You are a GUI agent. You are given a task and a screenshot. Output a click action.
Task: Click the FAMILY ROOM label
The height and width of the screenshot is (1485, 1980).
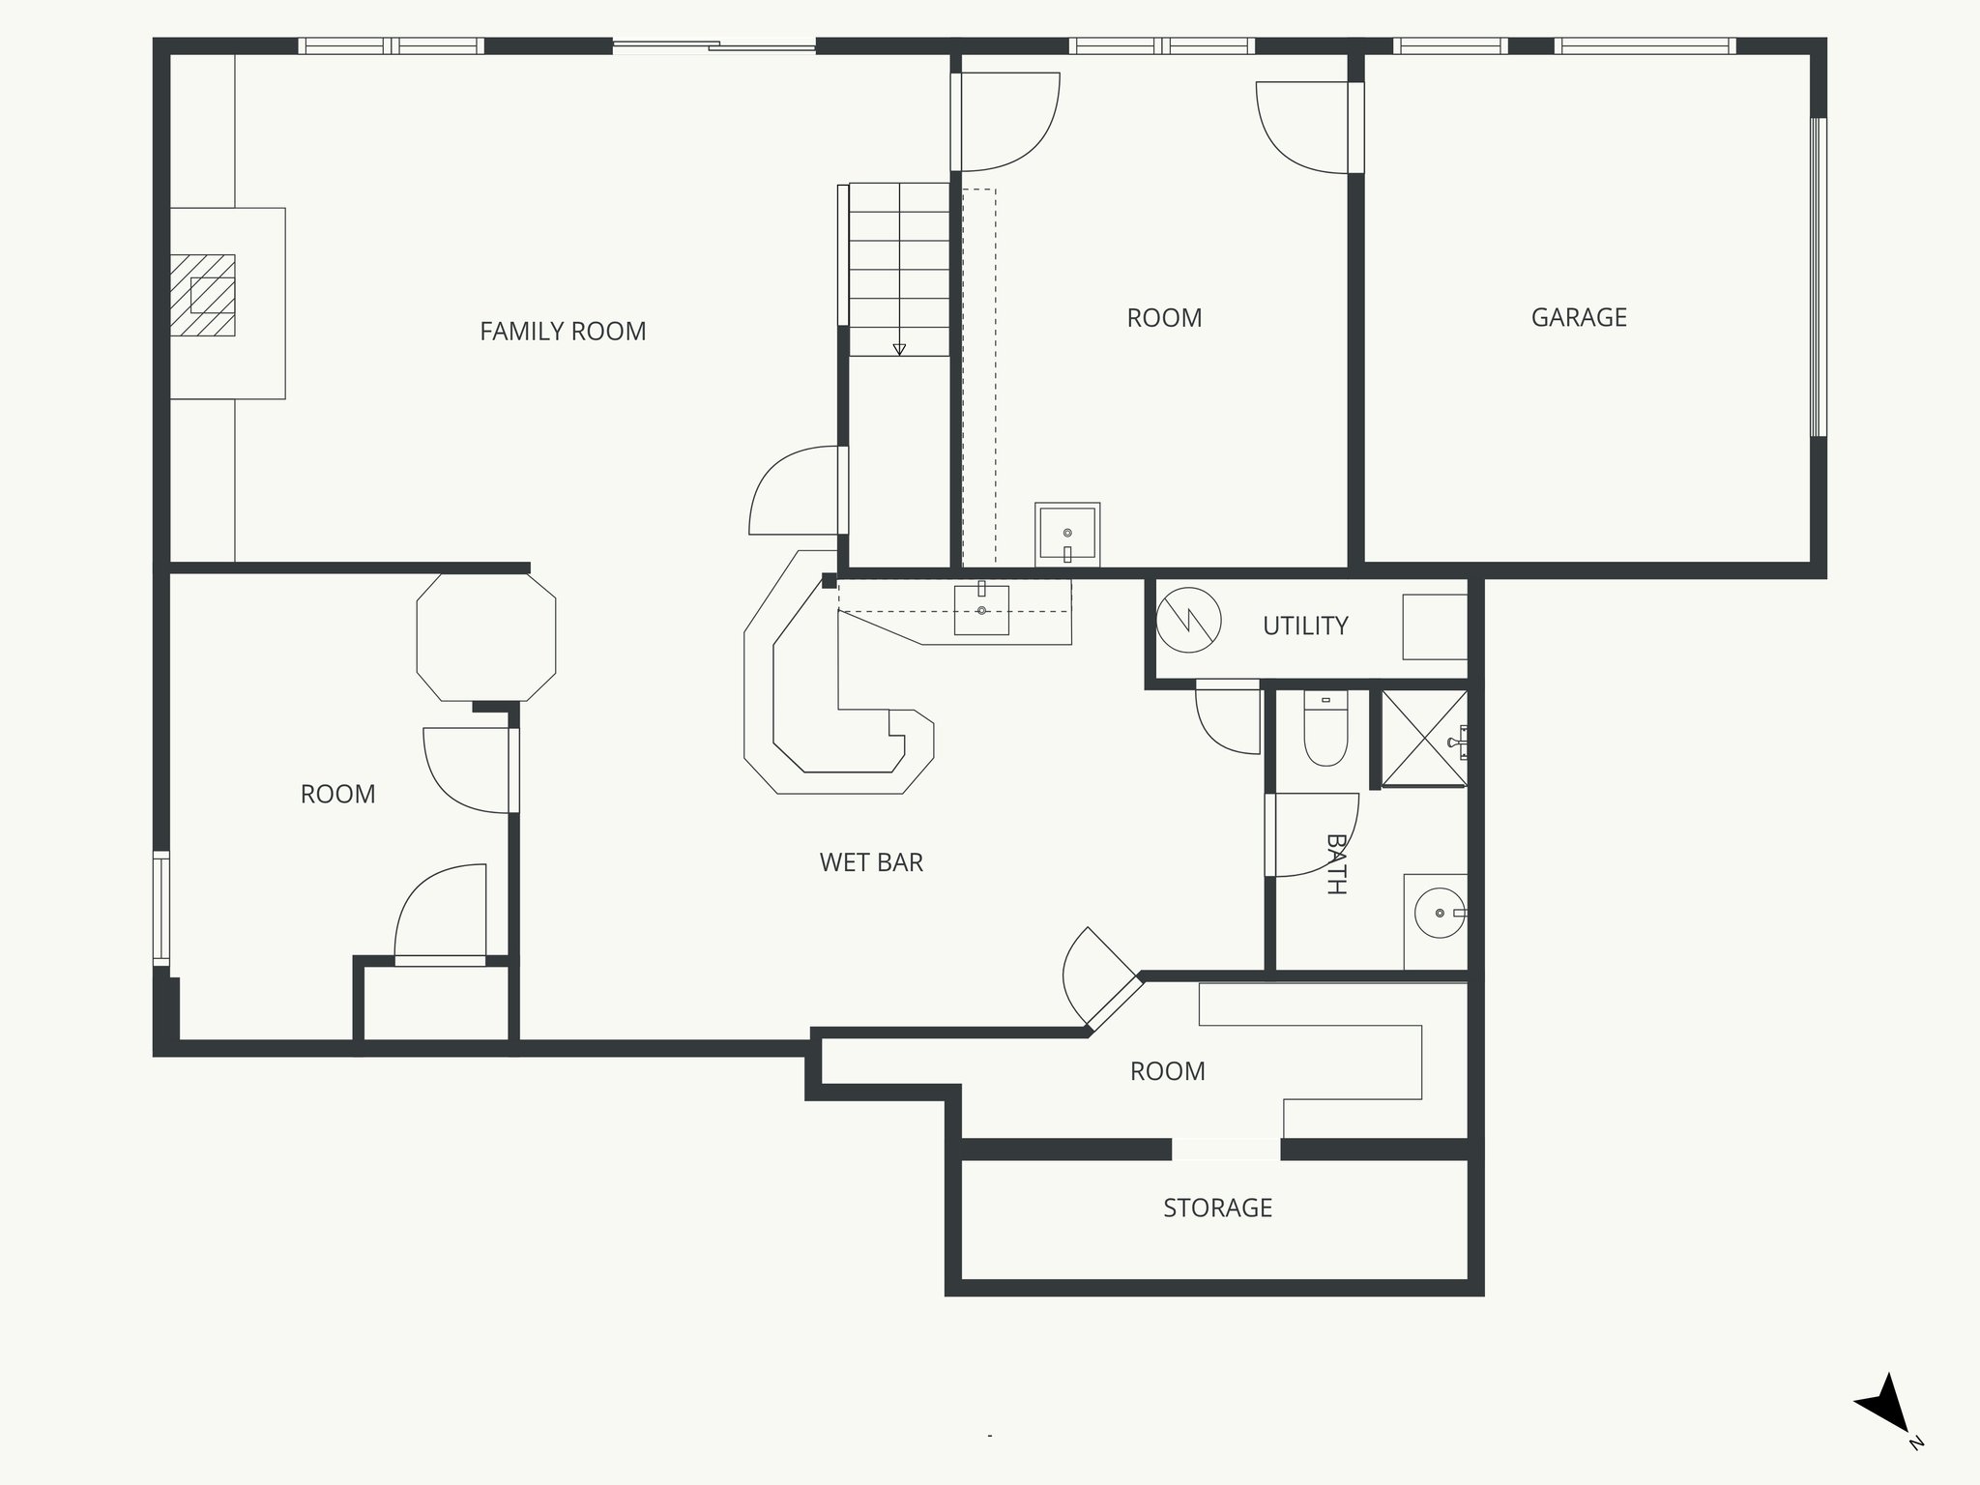pos(563,332)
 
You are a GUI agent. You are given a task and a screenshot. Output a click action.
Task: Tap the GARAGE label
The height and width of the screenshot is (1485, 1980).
pos(1579,317)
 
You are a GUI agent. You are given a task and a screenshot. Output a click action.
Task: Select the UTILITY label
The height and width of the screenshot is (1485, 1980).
pos(1305,626)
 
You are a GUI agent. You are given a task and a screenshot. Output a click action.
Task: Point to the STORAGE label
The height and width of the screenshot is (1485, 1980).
pos(1217,1208)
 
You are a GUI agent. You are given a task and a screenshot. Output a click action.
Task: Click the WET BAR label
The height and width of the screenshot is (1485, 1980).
pos(871,862)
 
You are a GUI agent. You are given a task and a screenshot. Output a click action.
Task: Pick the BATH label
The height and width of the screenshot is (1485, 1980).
pos(1336,864)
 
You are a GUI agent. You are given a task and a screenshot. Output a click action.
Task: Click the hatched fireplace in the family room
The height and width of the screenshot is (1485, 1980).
pos(203,295)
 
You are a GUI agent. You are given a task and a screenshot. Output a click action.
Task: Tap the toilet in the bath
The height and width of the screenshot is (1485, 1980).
pos(1325,729)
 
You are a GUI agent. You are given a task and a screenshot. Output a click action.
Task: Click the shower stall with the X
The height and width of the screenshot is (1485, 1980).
pos(1424,739)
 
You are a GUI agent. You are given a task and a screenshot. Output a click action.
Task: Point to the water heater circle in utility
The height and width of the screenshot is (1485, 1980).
pos(1189,620)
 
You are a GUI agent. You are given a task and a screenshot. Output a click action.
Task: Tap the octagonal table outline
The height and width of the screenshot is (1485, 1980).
pos(486,636)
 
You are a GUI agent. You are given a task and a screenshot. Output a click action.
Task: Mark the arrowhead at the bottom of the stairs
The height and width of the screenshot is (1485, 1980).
pos(899,349)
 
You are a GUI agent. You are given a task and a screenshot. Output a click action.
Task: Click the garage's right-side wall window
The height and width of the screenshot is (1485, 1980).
pos(1818,277)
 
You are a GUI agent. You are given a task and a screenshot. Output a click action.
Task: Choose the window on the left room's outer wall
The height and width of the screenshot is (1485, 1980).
pos(161,908)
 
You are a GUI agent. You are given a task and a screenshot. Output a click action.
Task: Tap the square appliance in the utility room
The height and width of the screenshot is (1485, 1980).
pos(1436,626)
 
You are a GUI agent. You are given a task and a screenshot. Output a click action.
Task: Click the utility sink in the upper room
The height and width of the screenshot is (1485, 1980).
pos(1067,534)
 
